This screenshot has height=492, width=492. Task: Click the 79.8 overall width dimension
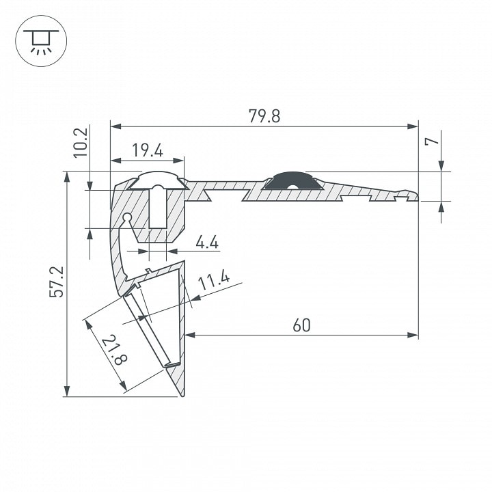click(264, 115)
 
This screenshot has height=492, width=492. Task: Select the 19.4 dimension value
click(148, 150)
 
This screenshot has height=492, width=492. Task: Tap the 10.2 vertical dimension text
click(81, 142)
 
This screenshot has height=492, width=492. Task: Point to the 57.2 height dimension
click(57, 282)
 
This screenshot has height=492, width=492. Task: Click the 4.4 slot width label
click(207, 242)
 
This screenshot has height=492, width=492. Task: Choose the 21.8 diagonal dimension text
click(114, 350)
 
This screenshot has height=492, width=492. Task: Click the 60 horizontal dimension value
click(301, 325)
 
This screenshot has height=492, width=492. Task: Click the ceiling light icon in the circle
click(41, 41)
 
